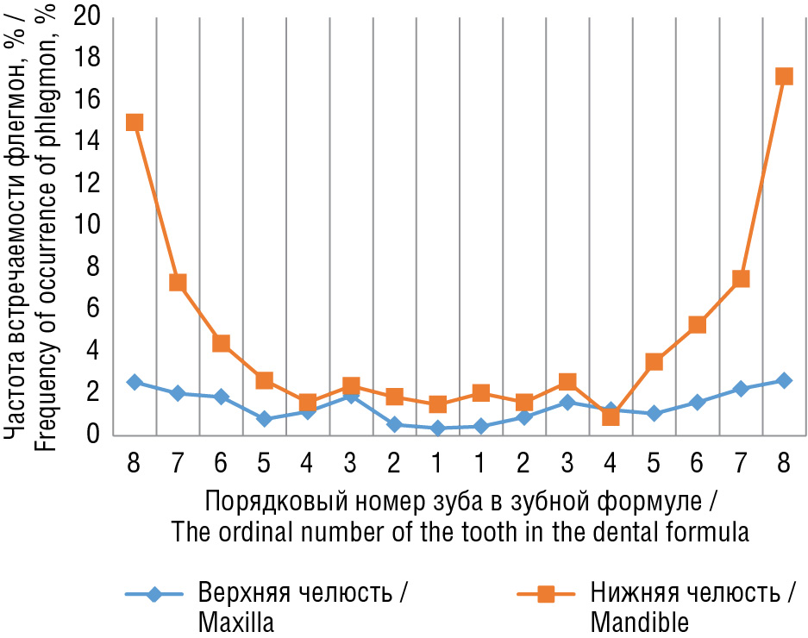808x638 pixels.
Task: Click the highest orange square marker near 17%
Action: tap(784, 77)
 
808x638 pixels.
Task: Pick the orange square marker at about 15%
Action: tap(135, 122)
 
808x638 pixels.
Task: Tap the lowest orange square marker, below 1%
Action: tap(611, 416)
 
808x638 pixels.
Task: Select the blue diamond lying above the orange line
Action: tap(611, 410)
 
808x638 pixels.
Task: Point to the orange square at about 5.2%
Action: tap(698, 325)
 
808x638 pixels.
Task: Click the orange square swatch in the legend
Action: tap(545, 594)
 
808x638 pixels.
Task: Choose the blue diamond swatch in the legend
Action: tap(153, 594)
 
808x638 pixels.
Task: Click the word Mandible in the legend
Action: tap(640, 622)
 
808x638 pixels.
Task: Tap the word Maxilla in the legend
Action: tap(235, 622)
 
